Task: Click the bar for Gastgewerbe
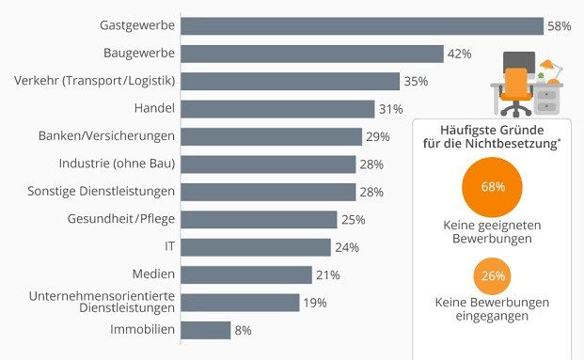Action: [x=361, y=25]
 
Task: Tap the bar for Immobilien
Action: [x=205, y=330]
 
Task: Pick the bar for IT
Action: [x=255, y=247]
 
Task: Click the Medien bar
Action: [x=245, y=274]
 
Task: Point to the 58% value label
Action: [x=560, y=25]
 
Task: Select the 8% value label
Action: [x=243, y=330]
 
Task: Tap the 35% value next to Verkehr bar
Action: [x=415, y=81]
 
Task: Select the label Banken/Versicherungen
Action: [x=106, y=136]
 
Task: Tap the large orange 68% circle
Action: [x=493, y=187]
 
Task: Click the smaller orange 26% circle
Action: [x=493, y=276]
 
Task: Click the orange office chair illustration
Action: [x=514, y=90]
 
